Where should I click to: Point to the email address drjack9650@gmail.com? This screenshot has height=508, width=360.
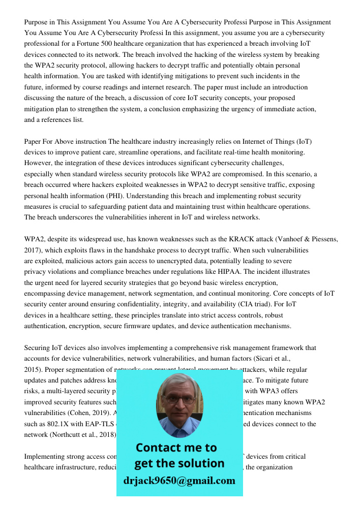(x=179, y=481)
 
